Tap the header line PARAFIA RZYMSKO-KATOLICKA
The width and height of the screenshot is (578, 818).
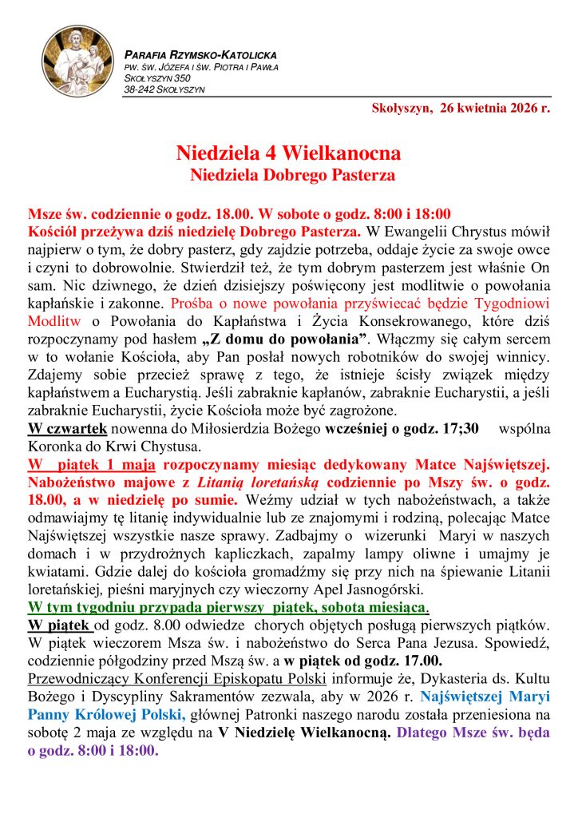[200, 54]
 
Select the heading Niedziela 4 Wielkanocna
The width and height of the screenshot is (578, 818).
[288, 153]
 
